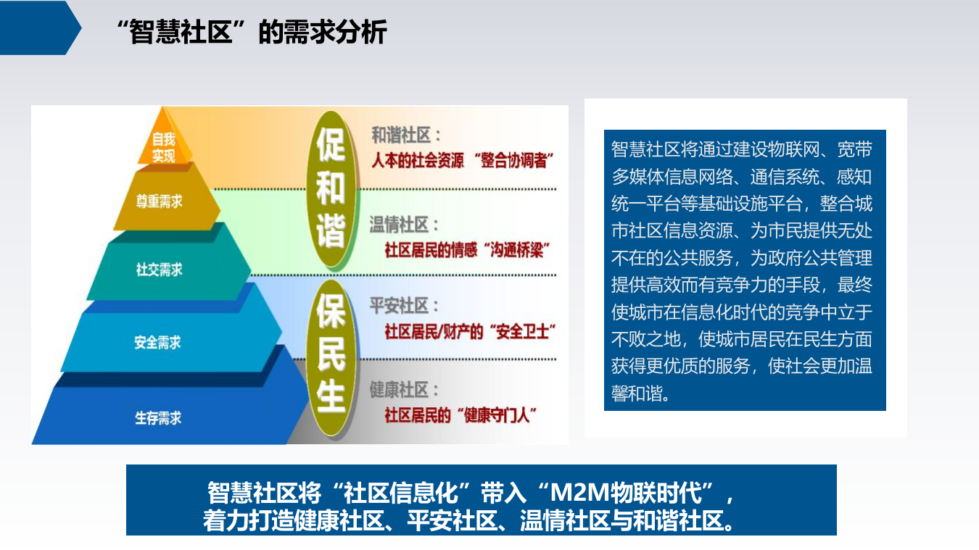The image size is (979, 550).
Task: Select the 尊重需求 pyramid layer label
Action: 159,202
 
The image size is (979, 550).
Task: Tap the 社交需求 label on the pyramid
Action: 159,270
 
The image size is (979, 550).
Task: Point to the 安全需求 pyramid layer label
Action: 157,342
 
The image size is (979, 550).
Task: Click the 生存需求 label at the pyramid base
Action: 157,418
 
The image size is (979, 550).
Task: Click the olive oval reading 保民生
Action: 331,356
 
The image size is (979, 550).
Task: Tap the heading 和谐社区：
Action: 406,136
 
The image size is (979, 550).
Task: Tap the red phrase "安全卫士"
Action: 521,333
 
